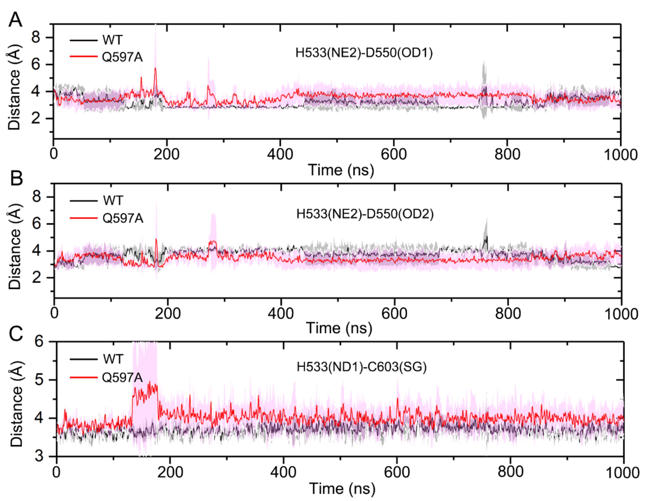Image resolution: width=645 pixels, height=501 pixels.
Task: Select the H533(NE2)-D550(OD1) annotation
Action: pos(364,53)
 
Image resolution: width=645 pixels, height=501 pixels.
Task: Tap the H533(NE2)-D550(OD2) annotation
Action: pos(365,214)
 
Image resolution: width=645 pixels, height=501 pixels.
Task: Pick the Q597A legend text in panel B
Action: pos(123,218)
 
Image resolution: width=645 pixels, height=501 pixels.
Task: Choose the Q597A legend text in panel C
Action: pos(122,377)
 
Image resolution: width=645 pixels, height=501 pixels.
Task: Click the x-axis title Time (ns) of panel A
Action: pos(341,170)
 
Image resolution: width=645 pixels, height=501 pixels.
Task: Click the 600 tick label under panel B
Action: pos(394,313)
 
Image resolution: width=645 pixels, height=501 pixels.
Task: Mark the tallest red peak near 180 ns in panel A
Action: pos(155,69)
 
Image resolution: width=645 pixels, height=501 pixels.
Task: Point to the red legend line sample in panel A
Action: pos(84,56)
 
